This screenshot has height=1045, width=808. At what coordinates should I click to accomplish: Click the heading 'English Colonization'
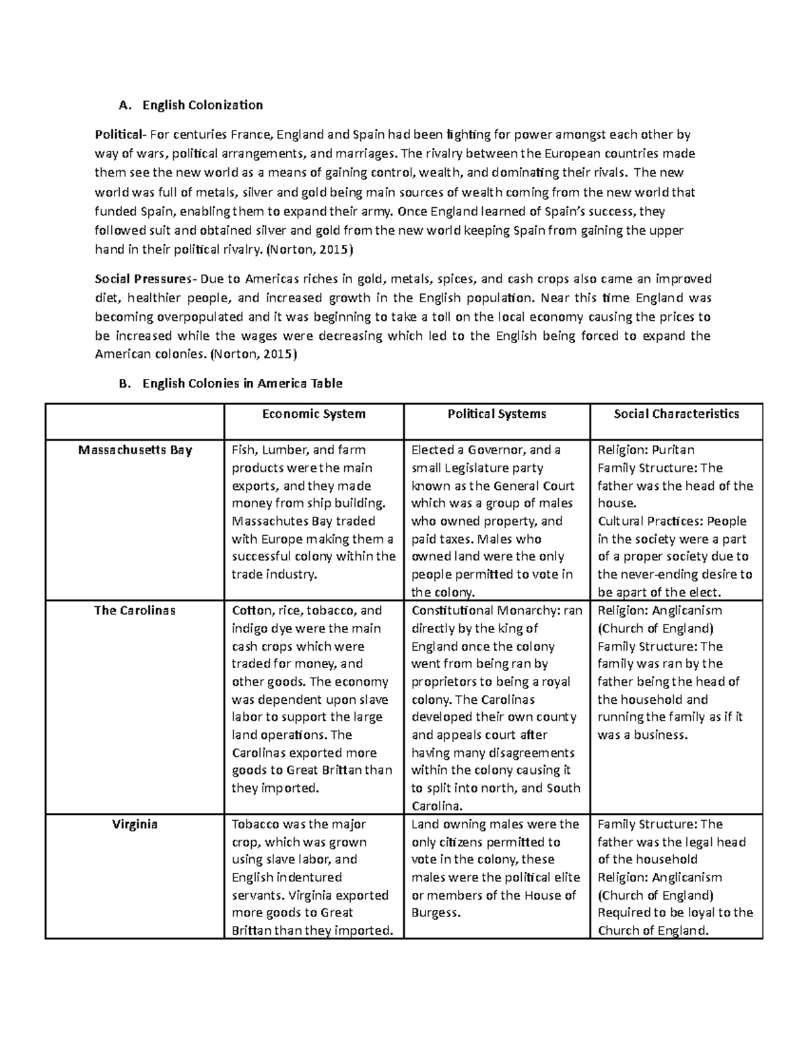coord(202,105)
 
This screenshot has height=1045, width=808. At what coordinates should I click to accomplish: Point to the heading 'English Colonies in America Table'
coord(242,384)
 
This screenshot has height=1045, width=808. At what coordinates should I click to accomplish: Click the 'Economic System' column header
coord(314,414)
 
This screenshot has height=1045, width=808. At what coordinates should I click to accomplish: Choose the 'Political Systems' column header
coord(497,414)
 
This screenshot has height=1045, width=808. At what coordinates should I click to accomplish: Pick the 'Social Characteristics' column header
coord(676,414)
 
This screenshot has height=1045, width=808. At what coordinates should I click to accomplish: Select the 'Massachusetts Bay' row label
coord(135,450)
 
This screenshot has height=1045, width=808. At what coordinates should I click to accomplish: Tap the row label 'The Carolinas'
coord(135,611)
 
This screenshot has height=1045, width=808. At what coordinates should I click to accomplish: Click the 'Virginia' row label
coord(135,824)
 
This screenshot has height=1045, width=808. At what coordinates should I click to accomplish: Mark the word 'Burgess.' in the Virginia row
coord(436,913)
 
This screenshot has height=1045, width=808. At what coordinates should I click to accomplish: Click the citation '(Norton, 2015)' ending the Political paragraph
coord(309,250)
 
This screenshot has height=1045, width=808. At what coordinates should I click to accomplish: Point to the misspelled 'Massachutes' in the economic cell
coord(270,521)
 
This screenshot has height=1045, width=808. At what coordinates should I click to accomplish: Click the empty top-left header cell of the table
coord(135,421)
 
